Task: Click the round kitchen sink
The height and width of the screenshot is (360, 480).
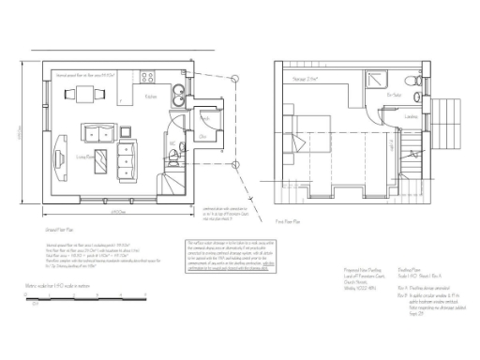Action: pos(177,92)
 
